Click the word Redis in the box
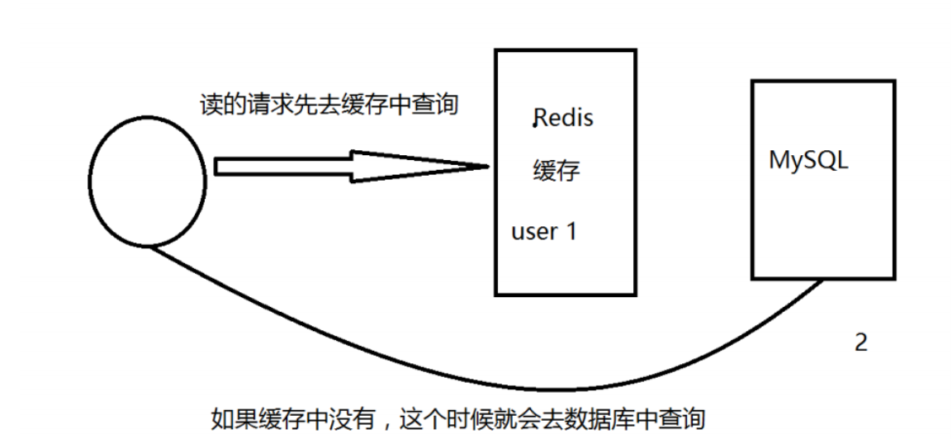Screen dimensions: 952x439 coord(564,118)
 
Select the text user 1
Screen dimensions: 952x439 coord(544,231)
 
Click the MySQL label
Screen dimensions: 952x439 coord(808,160)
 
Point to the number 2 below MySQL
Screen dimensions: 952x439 coord(861,342)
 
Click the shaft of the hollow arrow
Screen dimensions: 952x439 coord(283,167)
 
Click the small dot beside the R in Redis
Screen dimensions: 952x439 coord(534,125)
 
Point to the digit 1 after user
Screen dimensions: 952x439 coord(570,231)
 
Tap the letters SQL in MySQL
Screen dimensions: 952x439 coord(826,159)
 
